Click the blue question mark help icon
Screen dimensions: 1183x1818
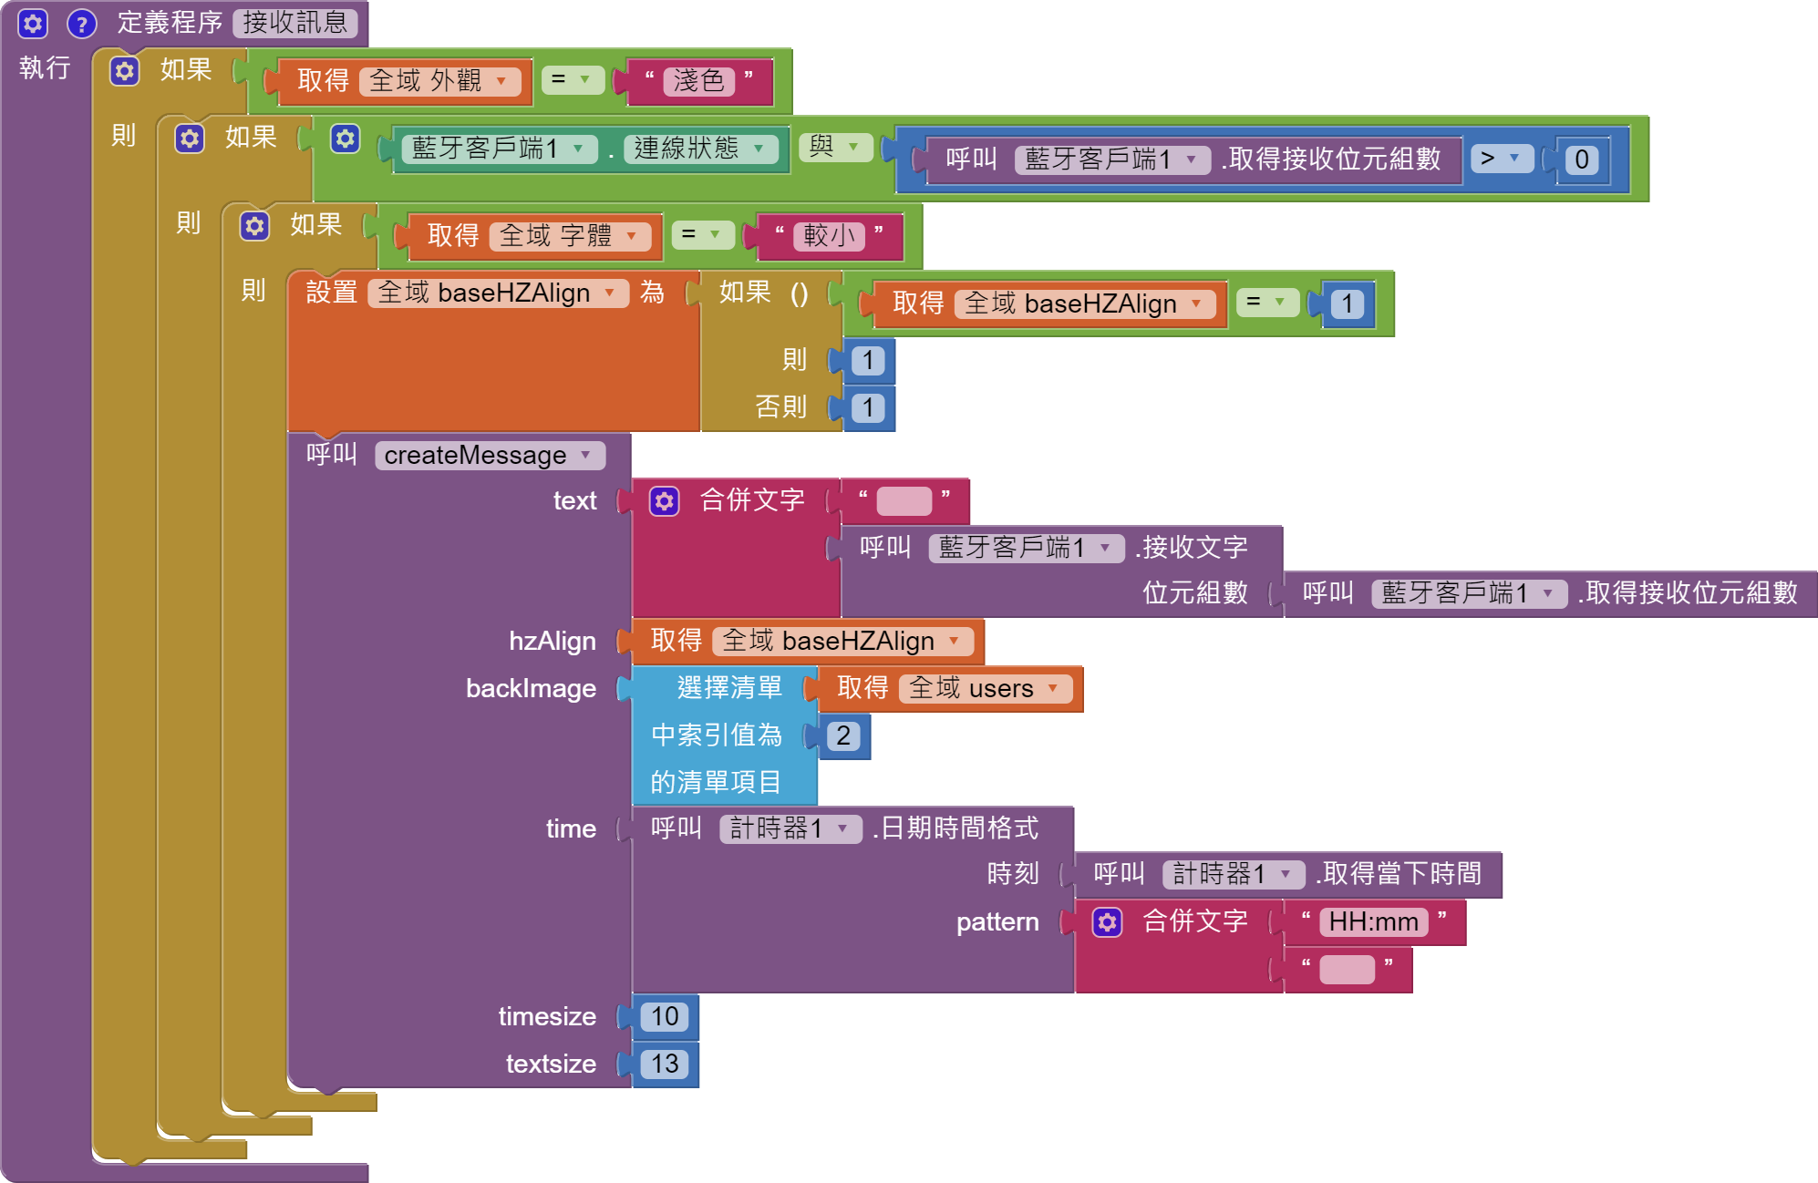[x=82, y=24]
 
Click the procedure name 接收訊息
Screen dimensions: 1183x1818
[x=294, y=23]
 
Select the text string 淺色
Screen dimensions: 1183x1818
[x=698, y=81]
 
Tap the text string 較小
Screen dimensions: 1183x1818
[x=829, y=236]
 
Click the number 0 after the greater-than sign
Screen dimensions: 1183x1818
[x=1582, y=159]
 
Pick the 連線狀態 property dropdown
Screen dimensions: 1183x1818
[x=699, y=149]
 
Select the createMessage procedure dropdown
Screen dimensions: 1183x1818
[x=489, y=455]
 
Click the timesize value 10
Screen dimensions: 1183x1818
[x=665, y=1016]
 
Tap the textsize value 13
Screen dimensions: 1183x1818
[x=665, y=1064]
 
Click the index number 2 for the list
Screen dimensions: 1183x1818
[x=843, y=736]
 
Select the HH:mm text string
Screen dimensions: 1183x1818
[x=1373, y=921]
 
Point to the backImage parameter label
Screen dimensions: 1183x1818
[x=531, y=688]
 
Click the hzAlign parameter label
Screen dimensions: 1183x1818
[x=552, y=641]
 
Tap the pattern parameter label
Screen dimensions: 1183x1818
[x=997, y=921]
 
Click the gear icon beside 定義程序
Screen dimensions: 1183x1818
[x=33, y=24]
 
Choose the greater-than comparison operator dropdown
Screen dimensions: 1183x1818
[x=1501, y=159]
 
